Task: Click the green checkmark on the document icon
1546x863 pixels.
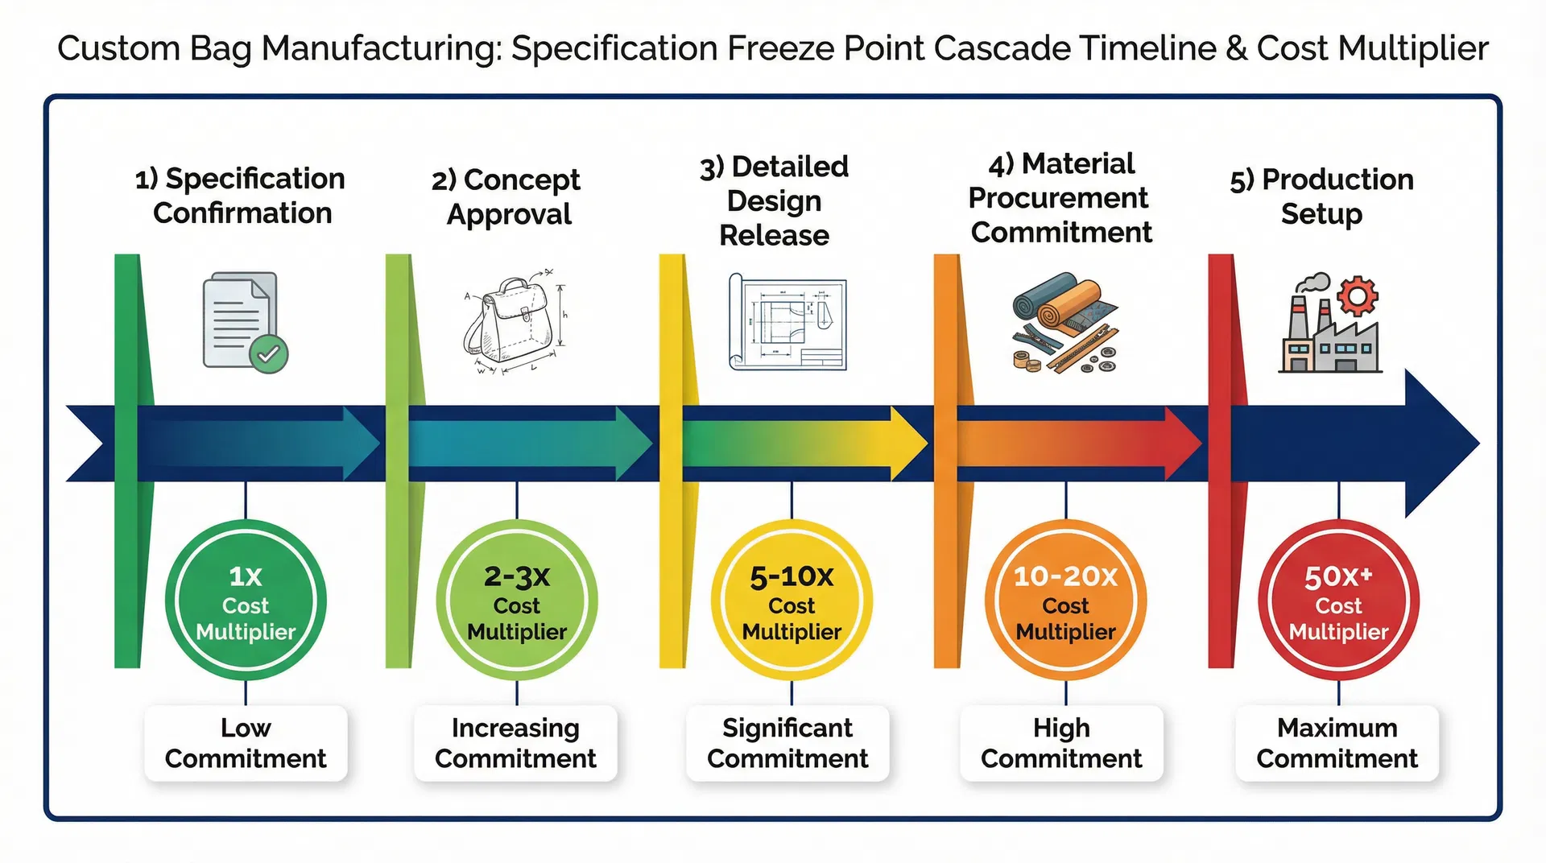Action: (268, 354)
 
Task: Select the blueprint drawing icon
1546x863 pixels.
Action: (787, 323)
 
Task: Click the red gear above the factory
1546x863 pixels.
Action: (1358, 296)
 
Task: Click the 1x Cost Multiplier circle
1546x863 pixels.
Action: (246, 601)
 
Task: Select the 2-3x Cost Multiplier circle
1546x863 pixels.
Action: (516, 601)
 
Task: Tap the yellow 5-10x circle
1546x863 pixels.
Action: (792, 601)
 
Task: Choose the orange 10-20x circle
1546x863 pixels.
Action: (1065, 601)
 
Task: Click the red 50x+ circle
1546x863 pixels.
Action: (1338, 601)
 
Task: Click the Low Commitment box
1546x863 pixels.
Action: (246, 743)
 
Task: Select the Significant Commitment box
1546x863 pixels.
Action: (787, 743)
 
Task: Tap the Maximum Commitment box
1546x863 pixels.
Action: (1337, 743)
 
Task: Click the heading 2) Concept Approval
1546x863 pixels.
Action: (506, 196)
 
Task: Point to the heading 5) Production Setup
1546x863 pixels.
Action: (1321, 196)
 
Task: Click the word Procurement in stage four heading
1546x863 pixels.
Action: (1058, 198)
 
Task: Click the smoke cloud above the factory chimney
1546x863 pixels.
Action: (1314, 283)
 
